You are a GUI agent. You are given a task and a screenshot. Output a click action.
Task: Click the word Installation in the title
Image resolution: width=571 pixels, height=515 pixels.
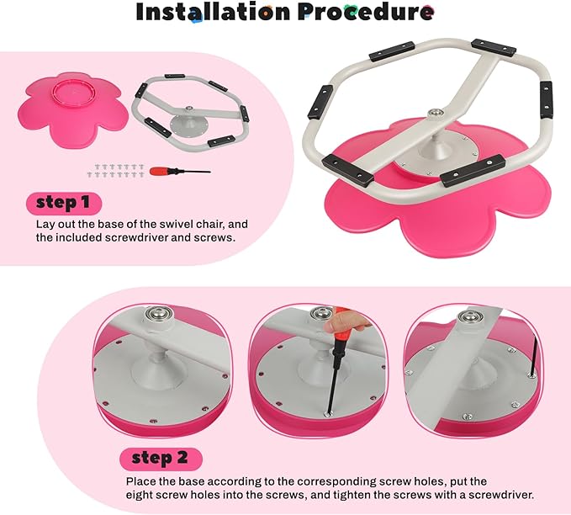[x=213, y=12]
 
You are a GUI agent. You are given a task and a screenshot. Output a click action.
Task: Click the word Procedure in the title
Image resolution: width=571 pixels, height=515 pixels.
[x=366, y=12]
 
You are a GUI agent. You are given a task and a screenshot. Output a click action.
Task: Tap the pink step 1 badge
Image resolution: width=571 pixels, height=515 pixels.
[x=64, y=203]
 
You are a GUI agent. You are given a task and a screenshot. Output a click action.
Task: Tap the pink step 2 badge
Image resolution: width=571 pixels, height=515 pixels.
[x=161, y=459]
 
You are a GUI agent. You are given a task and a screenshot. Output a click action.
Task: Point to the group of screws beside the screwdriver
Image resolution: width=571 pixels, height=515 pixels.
[x=116, y=171]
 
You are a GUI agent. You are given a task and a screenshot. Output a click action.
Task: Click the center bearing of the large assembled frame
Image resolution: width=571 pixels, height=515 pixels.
[x=436, y=113]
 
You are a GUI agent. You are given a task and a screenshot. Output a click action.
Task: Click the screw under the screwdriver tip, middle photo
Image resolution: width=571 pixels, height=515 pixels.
[x=328, y=414]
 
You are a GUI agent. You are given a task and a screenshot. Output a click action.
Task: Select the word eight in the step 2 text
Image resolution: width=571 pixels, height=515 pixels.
[x=139, y=496]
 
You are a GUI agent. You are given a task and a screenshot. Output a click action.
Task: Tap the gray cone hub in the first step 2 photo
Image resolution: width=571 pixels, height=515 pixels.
[x=160, y=368]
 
